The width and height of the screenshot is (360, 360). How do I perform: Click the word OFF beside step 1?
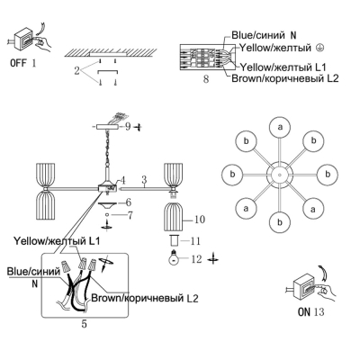click(x=18, y=63)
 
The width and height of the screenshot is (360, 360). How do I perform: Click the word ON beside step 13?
click(x=303, y=312)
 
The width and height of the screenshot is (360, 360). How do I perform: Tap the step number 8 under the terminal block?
click(x=206, y=79)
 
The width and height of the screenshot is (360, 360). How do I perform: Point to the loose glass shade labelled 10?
click(x=174, y=216)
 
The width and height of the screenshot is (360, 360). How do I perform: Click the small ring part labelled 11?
click(x=174, y=240)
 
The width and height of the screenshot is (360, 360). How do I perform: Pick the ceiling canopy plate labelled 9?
click(x=106, y=127)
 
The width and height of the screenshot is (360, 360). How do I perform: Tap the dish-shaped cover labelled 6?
click(x=107, y=205)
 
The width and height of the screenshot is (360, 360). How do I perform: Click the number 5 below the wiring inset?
click(x=84, y=324)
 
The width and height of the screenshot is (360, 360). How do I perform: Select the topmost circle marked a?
click(x=280, y=127)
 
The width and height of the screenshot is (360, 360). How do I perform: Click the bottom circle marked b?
click(x=280, y=222)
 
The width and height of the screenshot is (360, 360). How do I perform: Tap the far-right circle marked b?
click(x=328, y=175)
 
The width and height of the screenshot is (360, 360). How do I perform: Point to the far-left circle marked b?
click(x=232, y=175)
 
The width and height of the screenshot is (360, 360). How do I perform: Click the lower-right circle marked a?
click(x=313, y=209)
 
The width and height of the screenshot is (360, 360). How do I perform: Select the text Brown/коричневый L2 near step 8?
click(x=285, y=78)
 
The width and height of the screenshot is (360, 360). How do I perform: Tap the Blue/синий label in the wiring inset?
click(x=33, y=272)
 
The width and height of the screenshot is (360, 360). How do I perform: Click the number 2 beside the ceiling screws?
click(x=77, y=71)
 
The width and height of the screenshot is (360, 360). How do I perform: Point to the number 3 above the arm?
click(x=144, y=180)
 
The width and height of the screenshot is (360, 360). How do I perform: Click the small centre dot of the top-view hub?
click(x=280, y=175)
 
